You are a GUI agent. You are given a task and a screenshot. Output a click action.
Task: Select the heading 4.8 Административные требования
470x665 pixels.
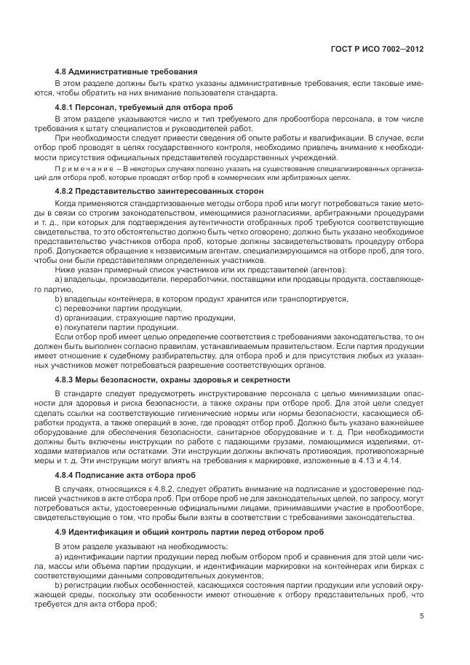coord(126,71)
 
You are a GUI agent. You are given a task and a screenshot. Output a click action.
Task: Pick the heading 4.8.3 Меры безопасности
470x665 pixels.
coord(172,379)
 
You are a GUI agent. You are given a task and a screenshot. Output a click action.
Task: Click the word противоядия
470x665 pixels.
coord(305,451)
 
